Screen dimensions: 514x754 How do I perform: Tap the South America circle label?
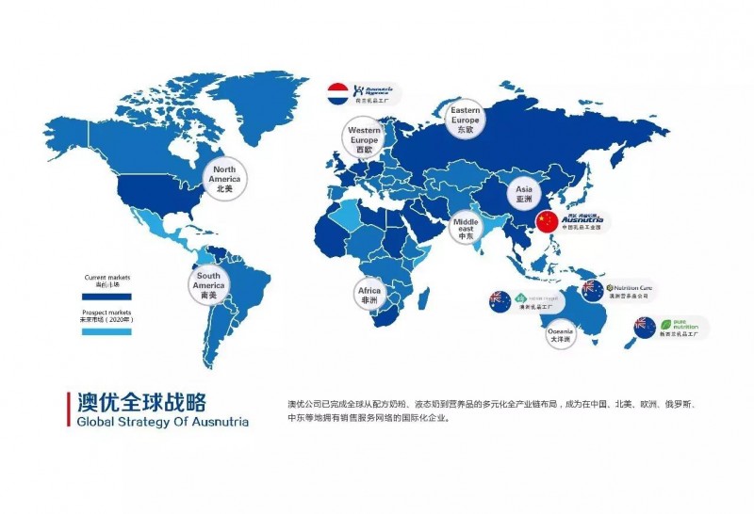point(208,284)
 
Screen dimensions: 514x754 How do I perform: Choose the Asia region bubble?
point(524,194)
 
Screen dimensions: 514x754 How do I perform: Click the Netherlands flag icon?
point(337,92)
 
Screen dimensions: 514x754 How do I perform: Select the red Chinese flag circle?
point(547,222)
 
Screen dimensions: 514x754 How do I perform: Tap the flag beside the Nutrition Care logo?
point(593,290)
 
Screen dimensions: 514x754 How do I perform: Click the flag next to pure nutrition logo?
point(645,327)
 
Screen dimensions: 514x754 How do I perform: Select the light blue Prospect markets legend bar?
point(106,332)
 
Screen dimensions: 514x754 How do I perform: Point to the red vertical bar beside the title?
point(67,410)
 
